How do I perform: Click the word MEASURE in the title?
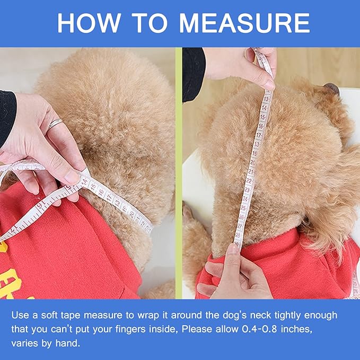244,23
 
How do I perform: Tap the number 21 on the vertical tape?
251,172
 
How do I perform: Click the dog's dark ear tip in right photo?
332,88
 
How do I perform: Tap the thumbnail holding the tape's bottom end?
233,248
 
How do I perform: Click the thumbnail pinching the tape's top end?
270,84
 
